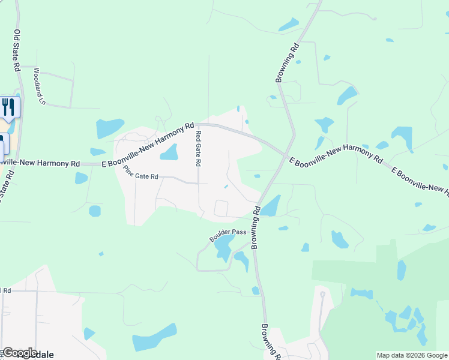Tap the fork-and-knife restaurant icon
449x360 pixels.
point(8,107)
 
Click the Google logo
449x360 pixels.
point(20,353)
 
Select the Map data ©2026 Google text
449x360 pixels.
point(411,355)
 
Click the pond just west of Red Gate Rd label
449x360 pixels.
point(169,152)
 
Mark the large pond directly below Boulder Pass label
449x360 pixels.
point(224,247)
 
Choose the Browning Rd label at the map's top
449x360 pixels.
point(287,62)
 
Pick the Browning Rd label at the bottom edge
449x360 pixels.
point(269,342)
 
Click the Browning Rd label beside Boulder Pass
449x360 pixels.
point(256,227)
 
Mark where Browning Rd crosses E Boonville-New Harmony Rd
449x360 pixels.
point(285,154)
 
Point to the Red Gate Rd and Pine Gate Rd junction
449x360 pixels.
point(199,182)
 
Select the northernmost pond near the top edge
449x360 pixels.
point(289,25)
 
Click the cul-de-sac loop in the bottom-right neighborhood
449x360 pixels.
point(323,295)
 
